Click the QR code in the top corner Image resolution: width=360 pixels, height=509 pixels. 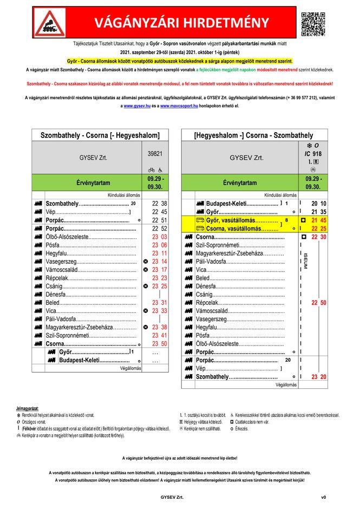click(313, 23)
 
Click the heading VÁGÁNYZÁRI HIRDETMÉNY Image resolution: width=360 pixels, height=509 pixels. click(181, 23)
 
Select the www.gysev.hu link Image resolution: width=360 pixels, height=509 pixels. click(136, 106)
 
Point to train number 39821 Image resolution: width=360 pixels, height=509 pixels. click(155, 154)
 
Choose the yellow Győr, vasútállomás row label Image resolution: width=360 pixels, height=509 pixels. click(238, 220)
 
